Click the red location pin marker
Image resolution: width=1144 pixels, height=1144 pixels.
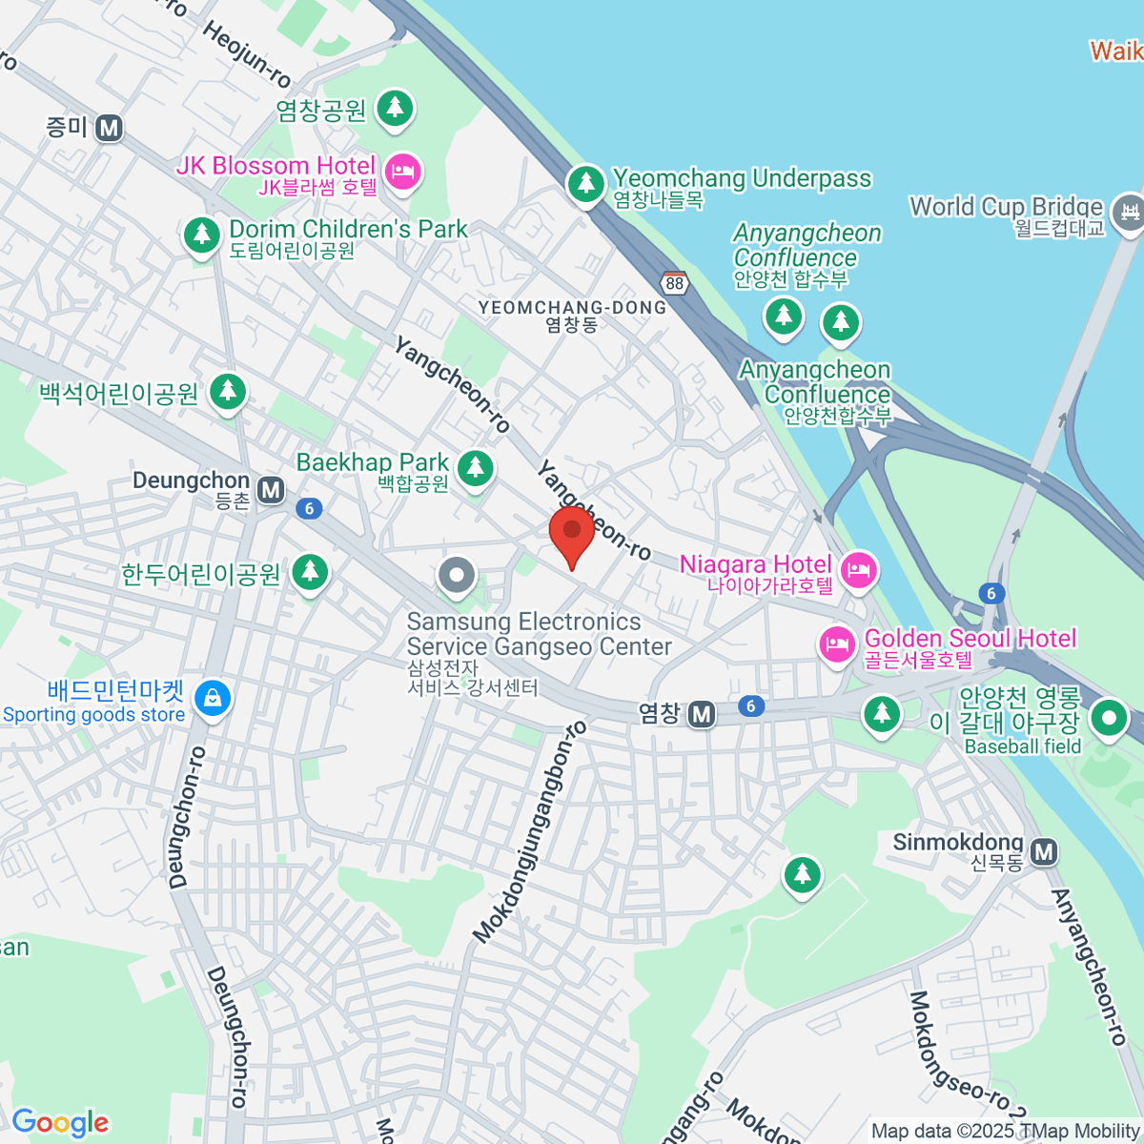pyautogui.click(x=572, y=534)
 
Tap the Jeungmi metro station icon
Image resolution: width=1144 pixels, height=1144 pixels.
pyautogui.click(x=110, y=128)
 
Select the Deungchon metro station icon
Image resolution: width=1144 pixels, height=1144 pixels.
pyautogui.click(x=272, y=490)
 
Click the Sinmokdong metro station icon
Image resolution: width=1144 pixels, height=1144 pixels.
pyautogui.click(x=1045, y=850)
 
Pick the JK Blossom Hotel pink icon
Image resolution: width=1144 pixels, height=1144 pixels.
pyautogui.click(x=405, y=173)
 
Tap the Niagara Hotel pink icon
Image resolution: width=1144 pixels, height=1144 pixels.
pyautogui.click(x=860, y=569)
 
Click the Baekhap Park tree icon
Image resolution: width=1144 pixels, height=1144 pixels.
pyautogui.click(x=475, y=467)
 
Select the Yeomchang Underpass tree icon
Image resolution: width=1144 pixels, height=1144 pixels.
pyautogui.click(x=585, y=182)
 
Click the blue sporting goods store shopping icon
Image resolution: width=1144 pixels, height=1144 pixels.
pyautogui.click(x=212, y=700)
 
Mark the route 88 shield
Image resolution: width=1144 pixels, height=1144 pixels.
pyautogui.click(x=675, y=282)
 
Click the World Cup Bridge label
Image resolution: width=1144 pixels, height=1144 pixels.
pyautogui.click(x=1007, y=207)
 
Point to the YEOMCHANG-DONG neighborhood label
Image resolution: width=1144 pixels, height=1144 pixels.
pyautogui.click(x=572, y=308)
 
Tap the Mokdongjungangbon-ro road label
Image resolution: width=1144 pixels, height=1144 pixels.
pyautogui.click(x=530, y=831)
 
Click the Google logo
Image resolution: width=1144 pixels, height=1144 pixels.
pyautogui.click(x=61, y=1122)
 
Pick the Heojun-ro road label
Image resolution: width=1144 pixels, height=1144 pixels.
pyautogui.click(x=246, y=53)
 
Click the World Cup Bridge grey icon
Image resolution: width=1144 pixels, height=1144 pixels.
pyautogui.click(x=1130, y=209)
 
